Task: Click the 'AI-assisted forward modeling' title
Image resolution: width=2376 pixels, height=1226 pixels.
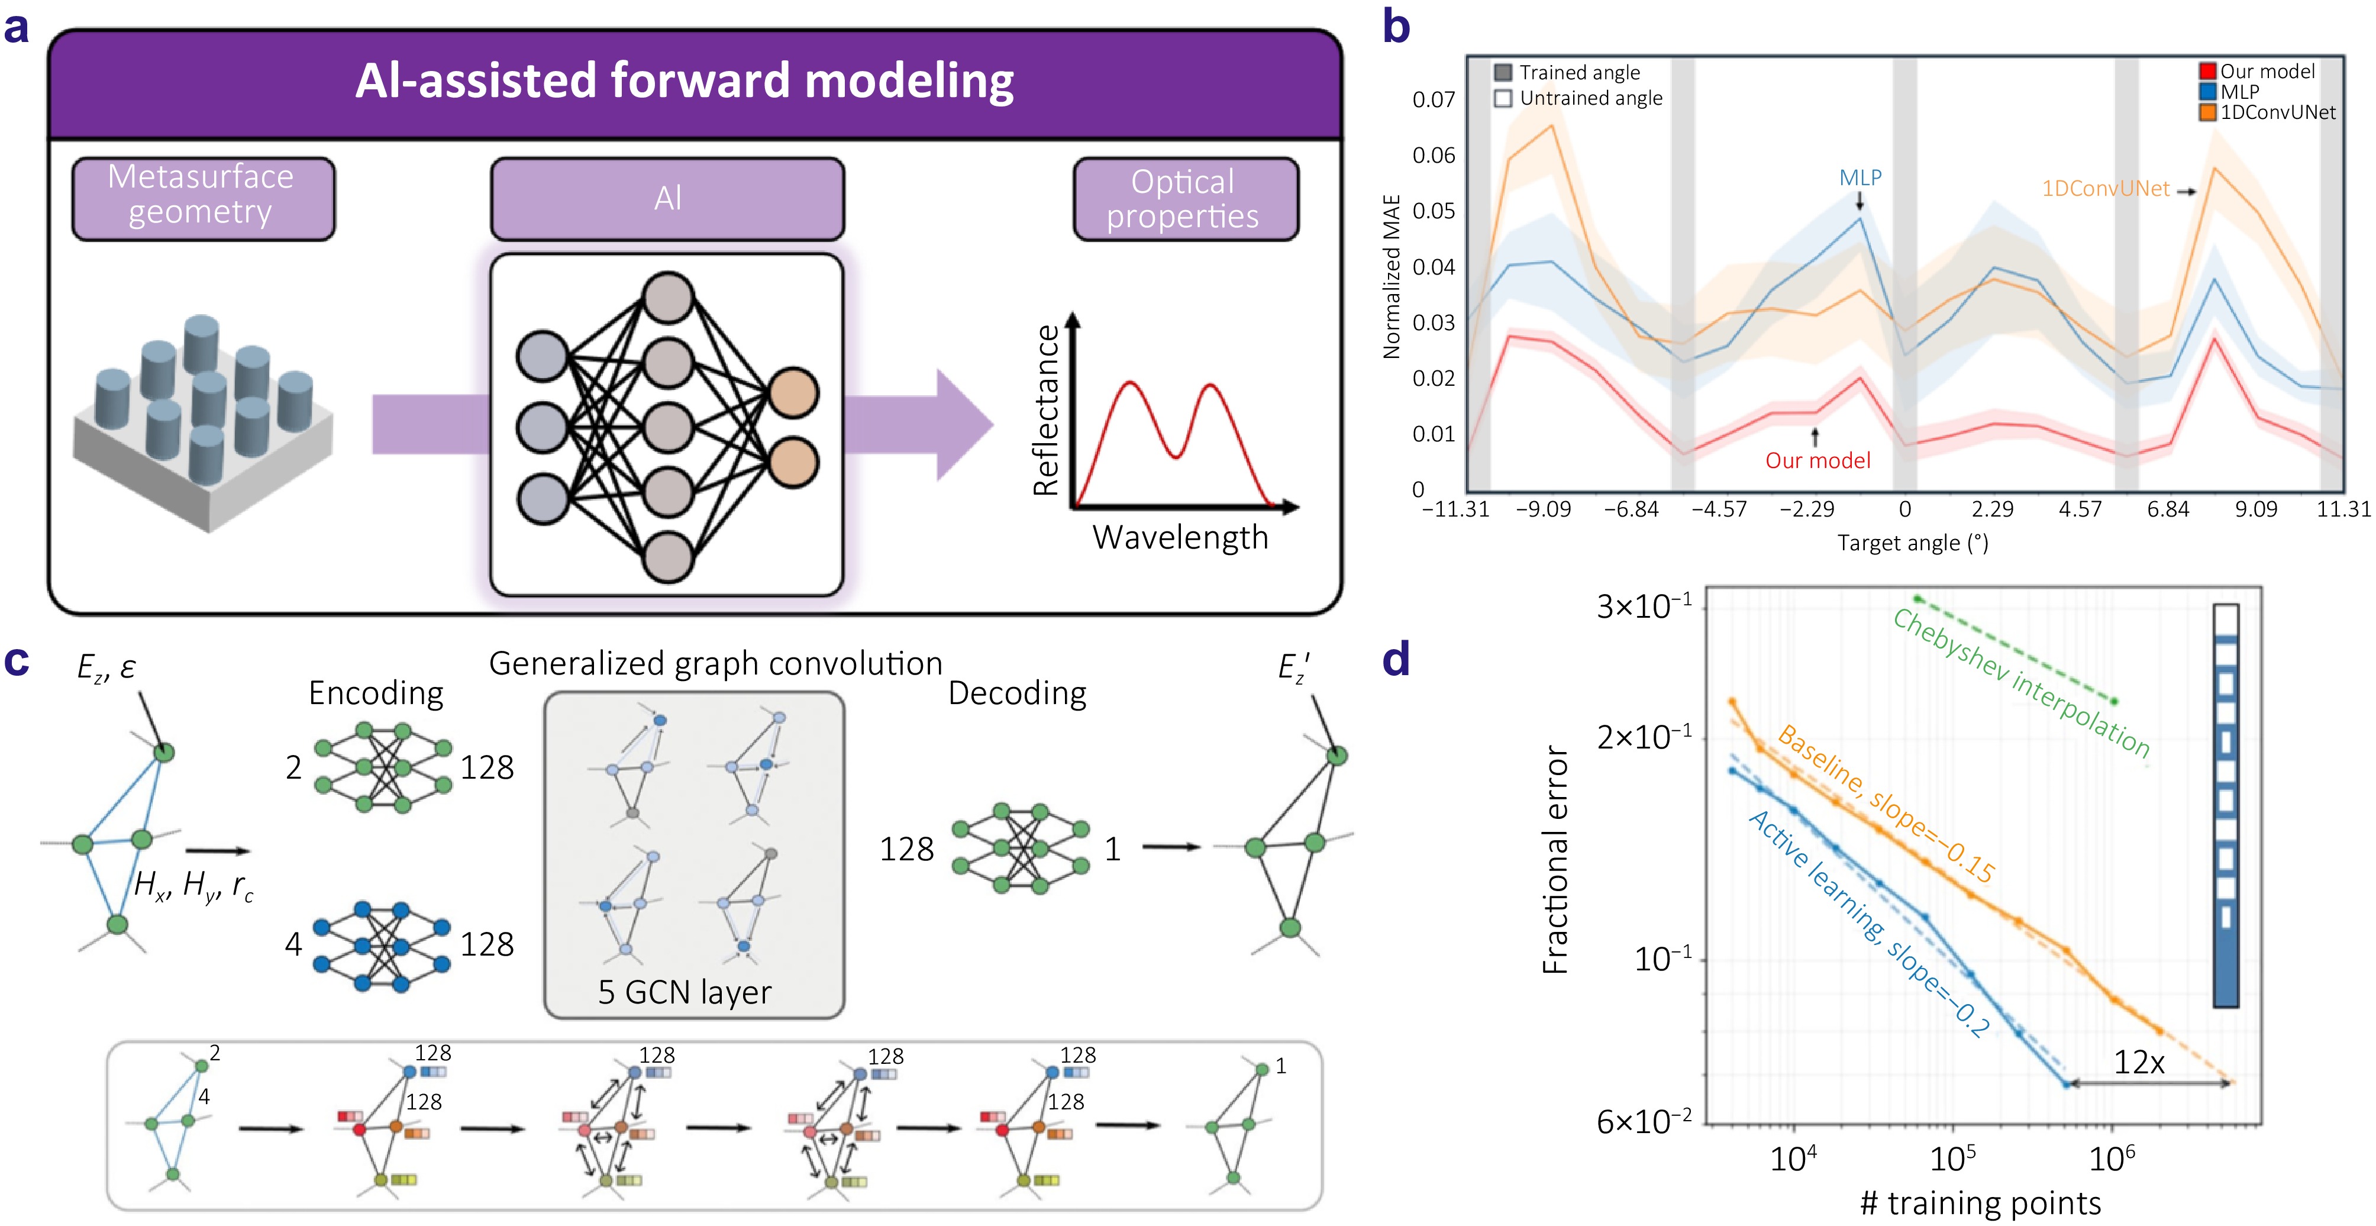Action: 685,81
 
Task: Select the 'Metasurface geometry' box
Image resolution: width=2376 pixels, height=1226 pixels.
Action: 203,196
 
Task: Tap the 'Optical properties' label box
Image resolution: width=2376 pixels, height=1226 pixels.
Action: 1184,198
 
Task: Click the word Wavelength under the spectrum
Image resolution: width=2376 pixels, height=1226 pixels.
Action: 1180,537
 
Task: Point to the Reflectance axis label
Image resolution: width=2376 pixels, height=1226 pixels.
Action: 1046,411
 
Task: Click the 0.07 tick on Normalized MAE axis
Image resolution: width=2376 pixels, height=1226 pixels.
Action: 1434,99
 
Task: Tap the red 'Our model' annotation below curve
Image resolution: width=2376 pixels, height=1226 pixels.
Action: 1817,460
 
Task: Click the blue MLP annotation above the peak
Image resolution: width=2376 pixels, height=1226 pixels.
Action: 1860,177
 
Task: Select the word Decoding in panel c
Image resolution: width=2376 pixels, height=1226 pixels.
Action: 1016,693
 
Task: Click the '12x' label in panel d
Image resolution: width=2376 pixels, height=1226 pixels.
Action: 2138,1063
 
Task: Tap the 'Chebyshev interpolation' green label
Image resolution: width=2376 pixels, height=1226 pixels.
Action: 2020,683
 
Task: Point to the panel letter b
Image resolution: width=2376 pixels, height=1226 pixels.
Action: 1396,28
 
